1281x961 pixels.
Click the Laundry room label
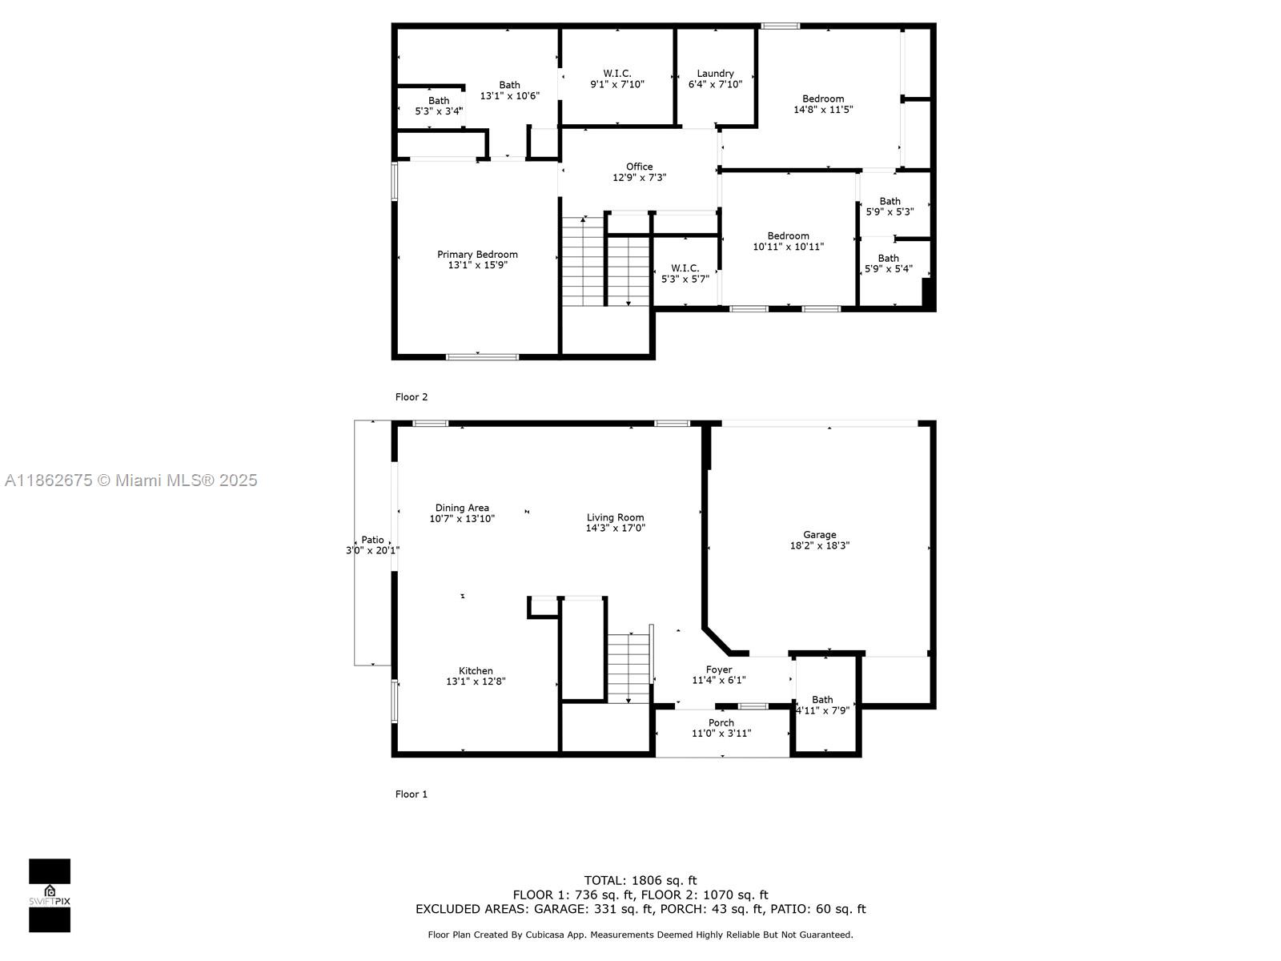point(715,74)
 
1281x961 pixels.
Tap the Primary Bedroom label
point(477,255)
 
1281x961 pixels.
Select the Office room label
point(639,167)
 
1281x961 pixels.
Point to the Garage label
point(819,534)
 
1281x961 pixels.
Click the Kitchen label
point(476,671)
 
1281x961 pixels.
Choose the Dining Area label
point(462,509)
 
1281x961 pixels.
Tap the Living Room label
point(615,517)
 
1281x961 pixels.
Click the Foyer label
point(718,669)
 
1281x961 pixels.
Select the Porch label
point(721,723)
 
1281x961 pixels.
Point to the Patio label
point(372,540)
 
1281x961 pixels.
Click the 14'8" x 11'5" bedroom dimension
point(823,110)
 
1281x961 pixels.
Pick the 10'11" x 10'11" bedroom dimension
point(788,247)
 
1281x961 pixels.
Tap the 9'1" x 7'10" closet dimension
point(616,84)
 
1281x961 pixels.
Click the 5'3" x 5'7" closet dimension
point(685,279)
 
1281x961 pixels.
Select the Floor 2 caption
point(411,396)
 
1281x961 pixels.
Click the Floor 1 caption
point(411,794)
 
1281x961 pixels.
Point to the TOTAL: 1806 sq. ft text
point(640,880)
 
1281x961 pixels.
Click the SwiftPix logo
point(50,895)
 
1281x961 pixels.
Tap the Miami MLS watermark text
point(131,480)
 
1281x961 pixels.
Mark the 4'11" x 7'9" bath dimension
point(823,710)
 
